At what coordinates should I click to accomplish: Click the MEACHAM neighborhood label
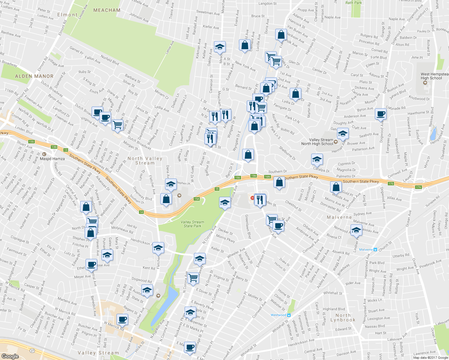(x=107, y=10)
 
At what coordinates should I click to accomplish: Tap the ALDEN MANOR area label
(x=34, y=76)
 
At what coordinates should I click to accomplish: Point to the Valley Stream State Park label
(x=192, y=224)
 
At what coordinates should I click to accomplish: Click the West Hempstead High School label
(x=434, y=76)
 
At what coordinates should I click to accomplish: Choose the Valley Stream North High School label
(x=317, y=142)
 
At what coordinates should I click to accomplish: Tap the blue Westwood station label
(x=278, y=315)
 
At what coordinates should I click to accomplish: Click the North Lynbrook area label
(x=343, y=318)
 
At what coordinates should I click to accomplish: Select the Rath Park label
(x=354, y=2)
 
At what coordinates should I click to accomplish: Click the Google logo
(x=10, y=356)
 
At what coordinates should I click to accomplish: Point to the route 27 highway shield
(x=32, y=350)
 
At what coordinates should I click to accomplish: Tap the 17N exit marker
(x=418, y=187)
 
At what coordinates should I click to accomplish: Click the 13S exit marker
(x=32, y=142)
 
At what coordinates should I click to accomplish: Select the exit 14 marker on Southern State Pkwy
(x=141, y=212)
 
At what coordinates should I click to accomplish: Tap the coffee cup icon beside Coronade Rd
(x=381, y=114)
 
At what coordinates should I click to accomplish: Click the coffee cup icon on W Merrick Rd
(x=122, y=319)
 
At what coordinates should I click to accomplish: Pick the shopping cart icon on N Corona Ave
(x=193, y=277)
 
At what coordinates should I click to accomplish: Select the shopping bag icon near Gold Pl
(x=336, y=187)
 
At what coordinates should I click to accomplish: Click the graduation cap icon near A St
(x=220, y=47)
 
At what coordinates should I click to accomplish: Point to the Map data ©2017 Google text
(x=430, y=357)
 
